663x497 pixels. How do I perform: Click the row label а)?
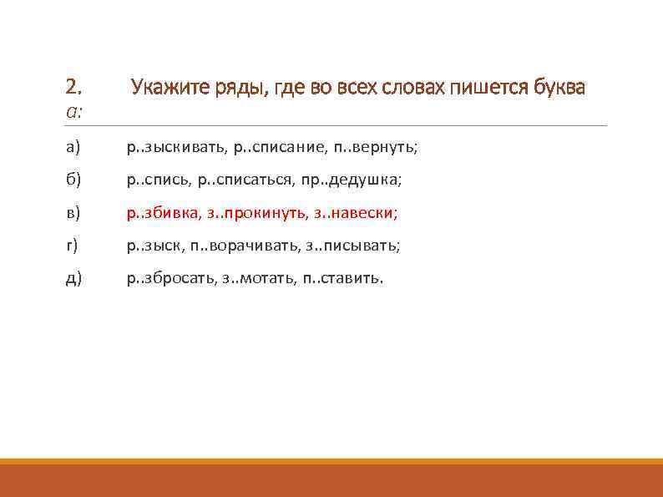tap(73, 148)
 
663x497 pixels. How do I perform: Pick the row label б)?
tap(73, 180)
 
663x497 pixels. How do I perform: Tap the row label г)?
tap(73, 246)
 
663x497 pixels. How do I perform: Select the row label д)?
tap(73, 278)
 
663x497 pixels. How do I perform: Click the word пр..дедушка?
tap(356, 180)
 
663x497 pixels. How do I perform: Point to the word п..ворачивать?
tap(241, 246)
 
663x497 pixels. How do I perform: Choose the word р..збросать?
tap(170, 278)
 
